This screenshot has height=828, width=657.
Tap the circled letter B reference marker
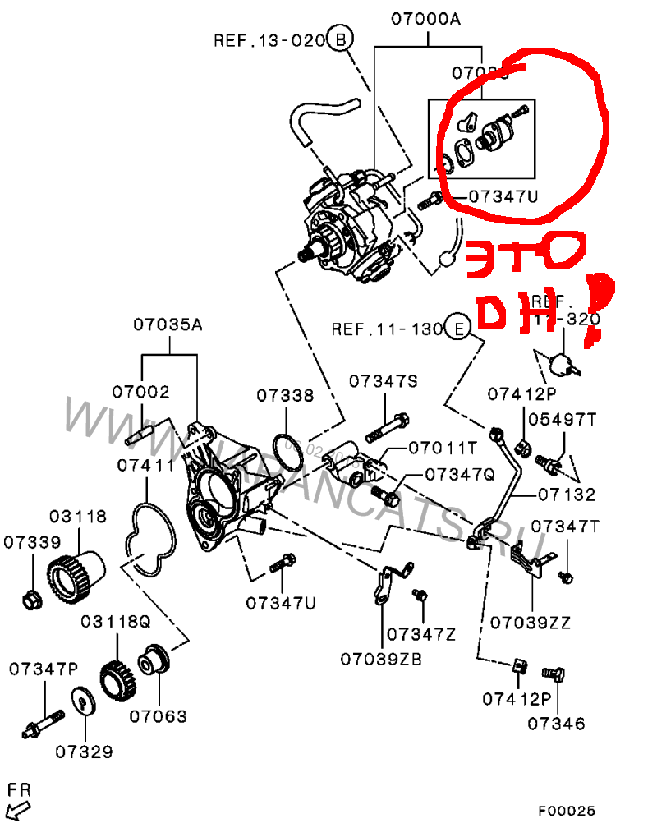point(340,39)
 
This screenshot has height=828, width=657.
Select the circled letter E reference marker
point(458,329)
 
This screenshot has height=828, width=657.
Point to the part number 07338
point(284,396)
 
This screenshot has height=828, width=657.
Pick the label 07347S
point(384,381)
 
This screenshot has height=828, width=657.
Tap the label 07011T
point(443,448)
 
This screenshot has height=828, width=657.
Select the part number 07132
point(567,494)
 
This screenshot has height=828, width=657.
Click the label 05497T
point(562,419)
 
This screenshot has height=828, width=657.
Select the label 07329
point(85,751)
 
